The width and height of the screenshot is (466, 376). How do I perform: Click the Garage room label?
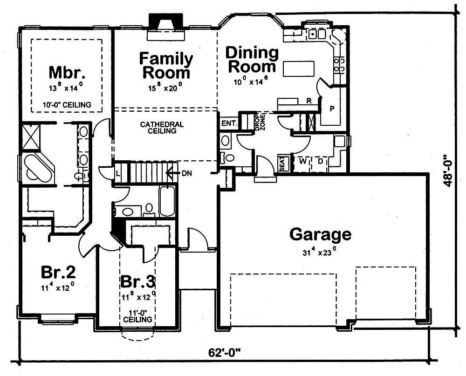coord(320,234)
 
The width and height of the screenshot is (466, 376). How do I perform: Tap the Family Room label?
coord(166,66)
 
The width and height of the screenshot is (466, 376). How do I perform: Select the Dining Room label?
coord(252,59)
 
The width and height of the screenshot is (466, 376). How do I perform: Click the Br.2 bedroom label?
coord(58,272)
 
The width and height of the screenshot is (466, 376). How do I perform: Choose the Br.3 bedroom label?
coord(137,282)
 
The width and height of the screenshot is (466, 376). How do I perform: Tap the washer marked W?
coord(302,162)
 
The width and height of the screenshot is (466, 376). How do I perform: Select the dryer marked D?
coord(321,162)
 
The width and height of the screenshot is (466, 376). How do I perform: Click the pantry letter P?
coord(332,109)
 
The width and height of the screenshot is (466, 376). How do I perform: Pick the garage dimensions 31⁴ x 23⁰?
coord(320,253)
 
